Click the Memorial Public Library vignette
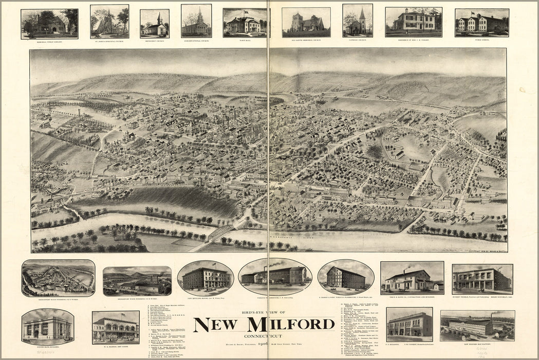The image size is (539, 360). pyautogui.click(x=49, y=24)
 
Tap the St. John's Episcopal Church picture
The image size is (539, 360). pyautogui.click(x=109, y=21)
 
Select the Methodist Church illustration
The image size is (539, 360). pyautogui.click(x=154, y=24)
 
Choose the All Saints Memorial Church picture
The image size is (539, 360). pyautogui.click(x=306, y=22)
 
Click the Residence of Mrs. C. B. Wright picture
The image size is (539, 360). pyautogui.click(x=413, y=22)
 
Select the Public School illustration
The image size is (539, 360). pyautogui.click(x=481, y=23)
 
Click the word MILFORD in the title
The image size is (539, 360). pyautogui.click(x=291, y=325)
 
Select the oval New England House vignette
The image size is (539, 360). pyautogui.click(x=206, y=278)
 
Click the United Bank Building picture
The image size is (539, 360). pyautogui.click(x=47, y=327)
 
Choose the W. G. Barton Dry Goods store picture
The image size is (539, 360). pyautogui.click(x=116, y=327)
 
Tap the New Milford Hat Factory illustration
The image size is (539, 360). pyautogui.click(x=477, y=325)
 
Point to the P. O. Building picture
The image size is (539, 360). pyautogui.click(x=409, y=325)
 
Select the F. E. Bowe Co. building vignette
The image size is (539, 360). pyautogui.click(x=412, y=278)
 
